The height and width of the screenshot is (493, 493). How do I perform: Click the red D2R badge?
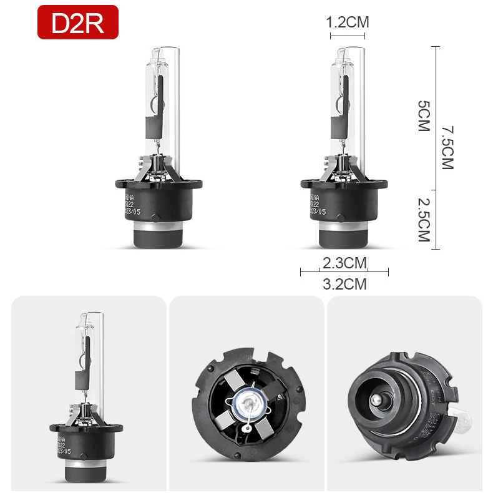click(77, 23)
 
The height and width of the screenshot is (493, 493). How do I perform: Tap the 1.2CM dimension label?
click(348, 22)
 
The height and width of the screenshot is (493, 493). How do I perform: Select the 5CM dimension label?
click(425, 116)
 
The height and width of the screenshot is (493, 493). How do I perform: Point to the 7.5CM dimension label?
click(447, 147)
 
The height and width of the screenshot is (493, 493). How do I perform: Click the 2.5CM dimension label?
click(425, 220)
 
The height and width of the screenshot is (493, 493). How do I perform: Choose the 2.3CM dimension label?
click(344, 263)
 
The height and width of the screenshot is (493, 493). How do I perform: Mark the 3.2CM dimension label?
click(344, 284)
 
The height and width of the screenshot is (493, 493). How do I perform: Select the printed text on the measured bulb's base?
click(317, 203)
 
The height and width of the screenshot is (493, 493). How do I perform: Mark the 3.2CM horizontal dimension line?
click(344, 271)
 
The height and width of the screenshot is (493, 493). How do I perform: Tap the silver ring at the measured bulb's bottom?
click(344, 237)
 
